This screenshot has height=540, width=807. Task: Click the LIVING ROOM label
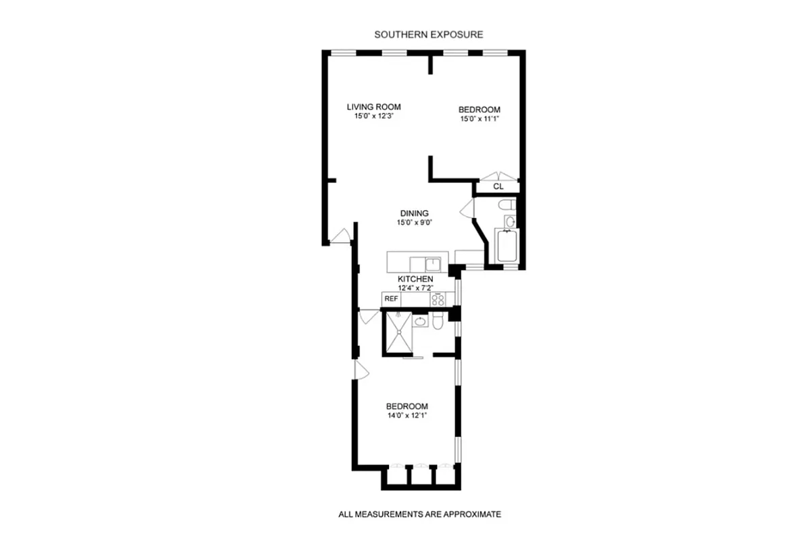pyautogui.click(x=373, y=107)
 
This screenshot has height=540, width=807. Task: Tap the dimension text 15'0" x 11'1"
pyautogui.click(x=479, y=119)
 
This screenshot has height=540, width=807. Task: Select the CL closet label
pyautogui.click(x=498, y=186)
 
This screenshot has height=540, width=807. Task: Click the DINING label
pyautogui.click(x=414, y=213)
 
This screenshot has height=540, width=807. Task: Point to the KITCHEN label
pyautogui.click(x=415, y=279)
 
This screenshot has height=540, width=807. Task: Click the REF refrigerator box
pyautogui.click(x=390, y=298)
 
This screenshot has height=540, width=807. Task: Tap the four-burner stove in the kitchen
pyautogui.click(x=438, y=298)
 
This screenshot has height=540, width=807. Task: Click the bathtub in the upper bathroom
pyautogui.click(x=506, y=247)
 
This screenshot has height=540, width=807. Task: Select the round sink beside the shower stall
pyautogui.click(x=420, y=322)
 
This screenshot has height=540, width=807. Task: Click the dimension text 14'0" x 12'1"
pyautogui.click(x=407, y=415)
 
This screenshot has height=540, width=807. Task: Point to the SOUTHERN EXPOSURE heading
pyautogui.click(x=429, y=34)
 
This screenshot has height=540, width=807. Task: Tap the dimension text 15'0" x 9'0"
pyautogui.click(x=414, y=223)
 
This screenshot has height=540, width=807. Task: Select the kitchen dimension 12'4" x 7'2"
pyautogui.click(x=415, y=288)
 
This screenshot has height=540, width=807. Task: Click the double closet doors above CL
pyautogui.click(x=498, y=176)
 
